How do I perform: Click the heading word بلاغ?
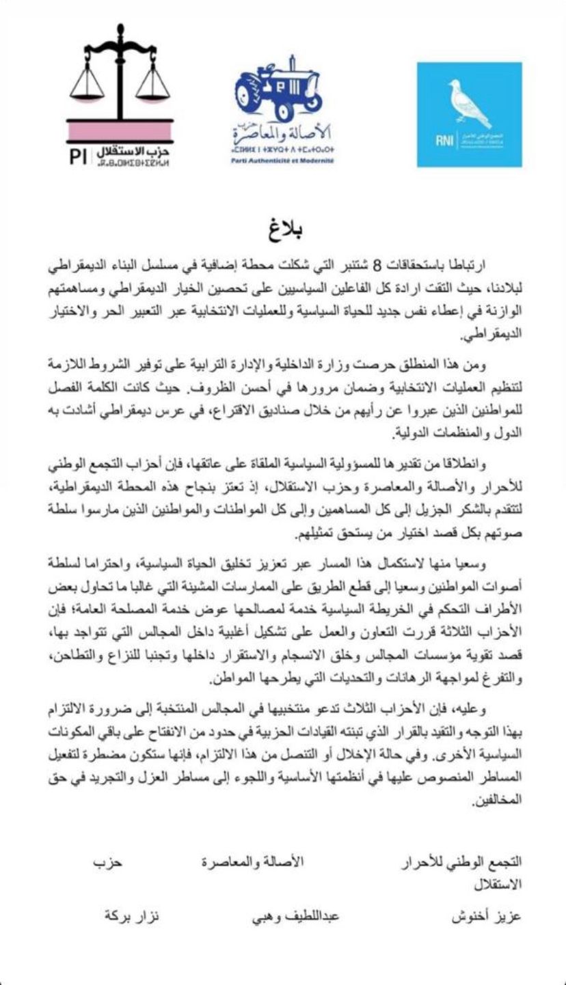coord(283,228)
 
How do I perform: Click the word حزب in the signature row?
coord(107,863)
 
